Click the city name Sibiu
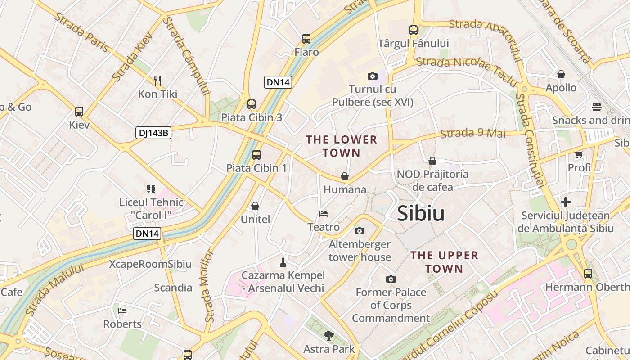pos(421,214)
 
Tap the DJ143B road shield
pos(153,133)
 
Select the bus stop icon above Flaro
pos(306,39)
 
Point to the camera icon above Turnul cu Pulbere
pos(372,76)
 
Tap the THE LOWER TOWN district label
pos(342,146)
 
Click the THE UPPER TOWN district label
pos(444,262)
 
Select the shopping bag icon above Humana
pos(345,176)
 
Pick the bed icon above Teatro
pos(324,214)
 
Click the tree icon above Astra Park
pos(329,335)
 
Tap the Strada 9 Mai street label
pos(473,133)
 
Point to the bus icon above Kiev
pos(79,111)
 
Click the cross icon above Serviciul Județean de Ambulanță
pos(566,202)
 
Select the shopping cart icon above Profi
pos(579,155)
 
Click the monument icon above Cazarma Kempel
pos(283,262)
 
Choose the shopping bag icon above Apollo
pos(561,74)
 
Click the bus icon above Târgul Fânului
pos(414,30)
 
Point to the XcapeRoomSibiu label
pos(150,264)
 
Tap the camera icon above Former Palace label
pos(391,279)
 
